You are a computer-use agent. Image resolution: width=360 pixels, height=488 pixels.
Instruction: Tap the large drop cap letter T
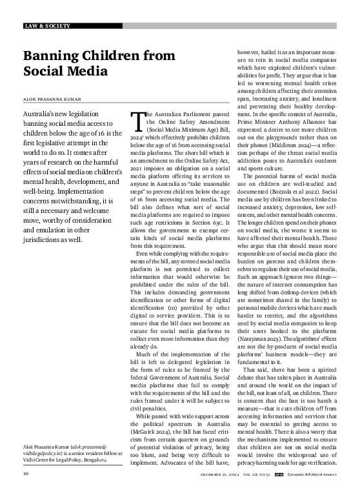136,121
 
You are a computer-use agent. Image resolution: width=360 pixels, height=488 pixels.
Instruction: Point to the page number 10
26,473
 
